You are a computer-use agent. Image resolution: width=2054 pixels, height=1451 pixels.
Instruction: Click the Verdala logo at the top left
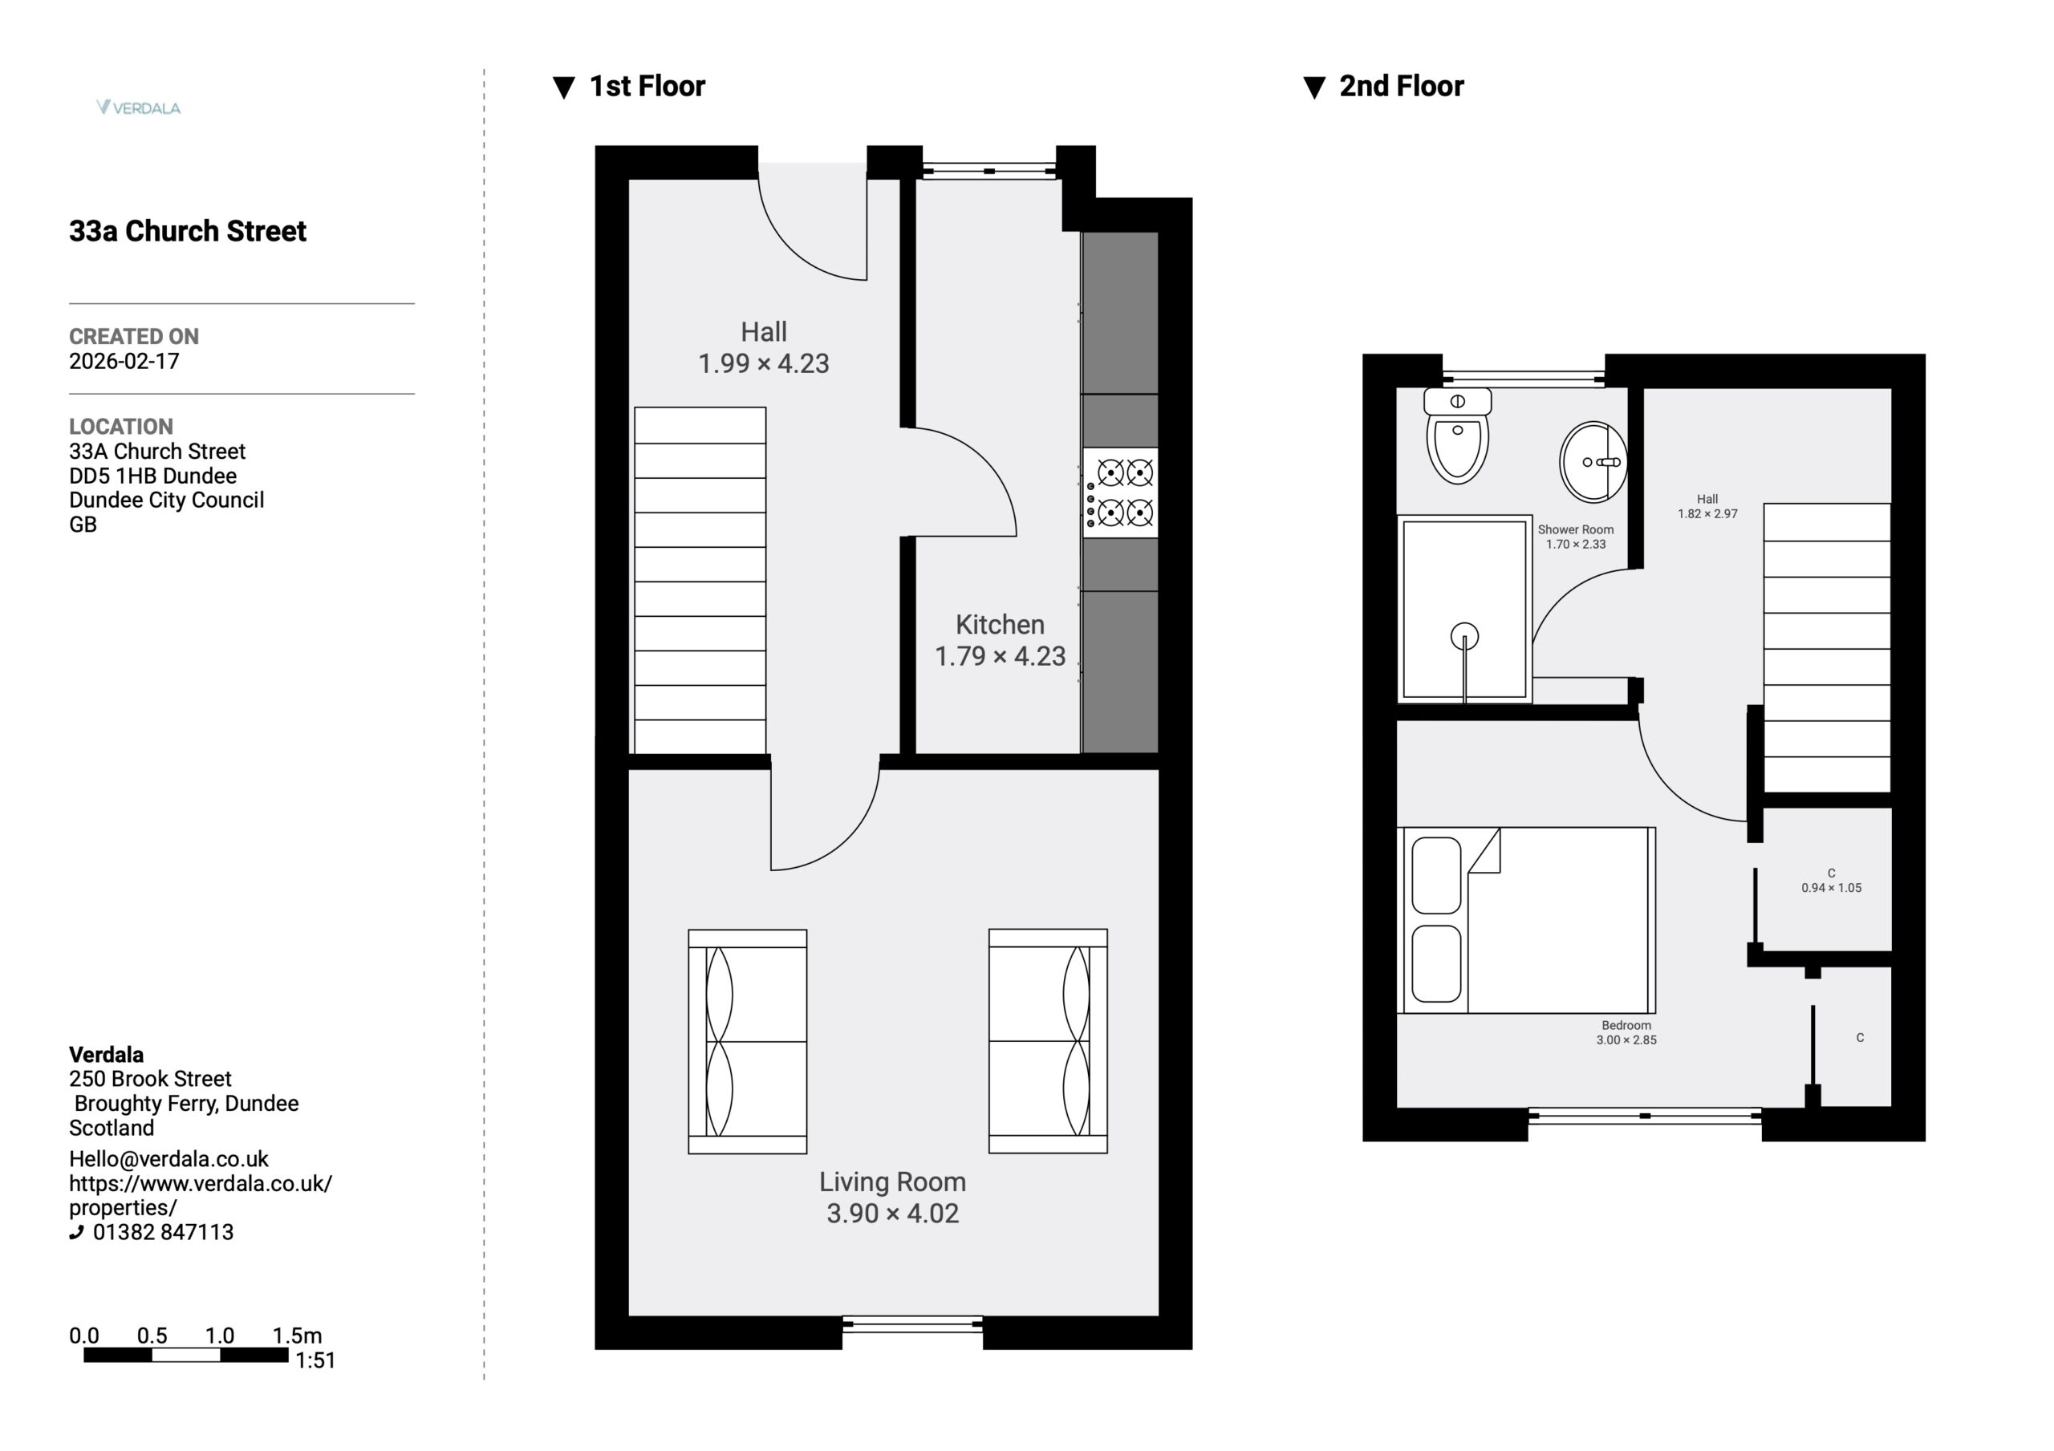pos(139,107)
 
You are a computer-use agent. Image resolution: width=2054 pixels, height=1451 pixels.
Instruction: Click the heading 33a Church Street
pos(188,231)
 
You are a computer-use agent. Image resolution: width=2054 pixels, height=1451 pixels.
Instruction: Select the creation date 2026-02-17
pos(124,362)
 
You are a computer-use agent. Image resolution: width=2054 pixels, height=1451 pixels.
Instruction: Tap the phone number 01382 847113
pos(163,1232)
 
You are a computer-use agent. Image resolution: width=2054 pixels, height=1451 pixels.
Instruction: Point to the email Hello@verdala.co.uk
pos(169,1158)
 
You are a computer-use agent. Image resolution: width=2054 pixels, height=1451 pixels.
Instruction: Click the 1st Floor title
pos(647,86)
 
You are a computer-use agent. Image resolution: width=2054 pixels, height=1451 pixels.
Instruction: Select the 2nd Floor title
pos(1401,86)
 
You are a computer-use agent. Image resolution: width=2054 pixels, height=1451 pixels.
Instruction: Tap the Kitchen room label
pos(1001,624)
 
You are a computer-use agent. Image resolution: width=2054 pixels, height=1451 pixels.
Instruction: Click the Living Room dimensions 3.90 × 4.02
pos(893,1213)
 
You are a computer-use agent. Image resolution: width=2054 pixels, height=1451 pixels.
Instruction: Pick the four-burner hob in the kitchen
pos(1120,492)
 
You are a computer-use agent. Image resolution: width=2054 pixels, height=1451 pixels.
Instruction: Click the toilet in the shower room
pos(1457,436)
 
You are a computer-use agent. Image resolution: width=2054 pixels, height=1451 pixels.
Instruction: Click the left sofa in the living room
pos(748,1041)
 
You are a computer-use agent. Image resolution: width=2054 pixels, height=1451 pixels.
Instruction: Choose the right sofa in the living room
pos(1049,1041)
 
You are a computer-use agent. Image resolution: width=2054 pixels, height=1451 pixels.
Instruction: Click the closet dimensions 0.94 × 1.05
pos(1831,887)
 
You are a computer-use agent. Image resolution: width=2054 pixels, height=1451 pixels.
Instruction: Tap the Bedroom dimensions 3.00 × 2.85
pos(1626,1040)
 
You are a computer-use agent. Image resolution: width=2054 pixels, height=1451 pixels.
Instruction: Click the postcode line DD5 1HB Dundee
pos(153,476)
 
